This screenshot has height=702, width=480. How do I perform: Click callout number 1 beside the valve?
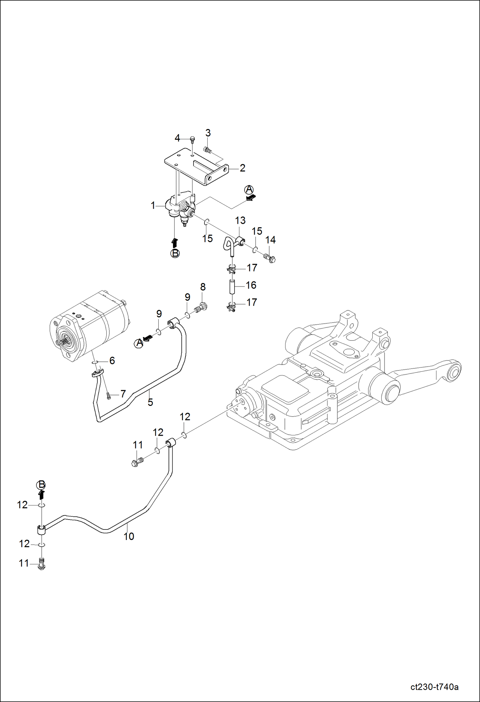(153, 206)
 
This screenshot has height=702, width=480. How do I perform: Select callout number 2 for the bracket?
(243, 168)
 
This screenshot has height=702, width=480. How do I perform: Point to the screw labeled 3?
(207, 149)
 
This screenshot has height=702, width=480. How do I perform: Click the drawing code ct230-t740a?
(434, 687)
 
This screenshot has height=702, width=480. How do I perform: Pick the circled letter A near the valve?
(249, 190)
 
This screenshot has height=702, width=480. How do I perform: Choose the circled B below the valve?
(175, 253)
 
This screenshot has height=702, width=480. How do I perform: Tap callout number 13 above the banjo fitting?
(240, 221)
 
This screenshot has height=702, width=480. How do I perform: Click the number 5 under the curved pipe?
(150, 402)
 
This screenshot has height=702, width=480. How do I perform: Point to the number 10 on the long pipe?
(129, 536)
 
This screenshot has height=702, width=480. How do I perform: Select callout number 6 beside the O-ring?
(112, 360)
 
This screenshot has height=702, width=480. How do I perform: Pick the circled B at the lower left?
(41, 485)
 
